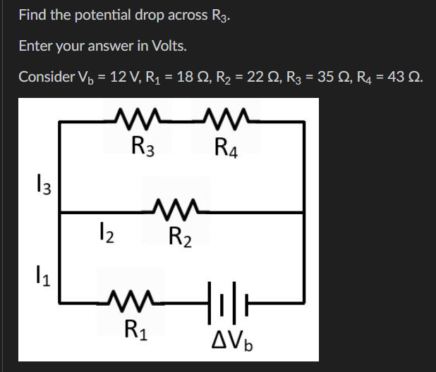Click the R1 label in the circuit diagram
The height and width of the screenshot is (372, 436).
pyautogui.click(x=136, y=329)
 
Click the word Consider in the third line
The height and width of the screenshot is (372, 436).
pyautogui.click(x=42, y=77)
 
